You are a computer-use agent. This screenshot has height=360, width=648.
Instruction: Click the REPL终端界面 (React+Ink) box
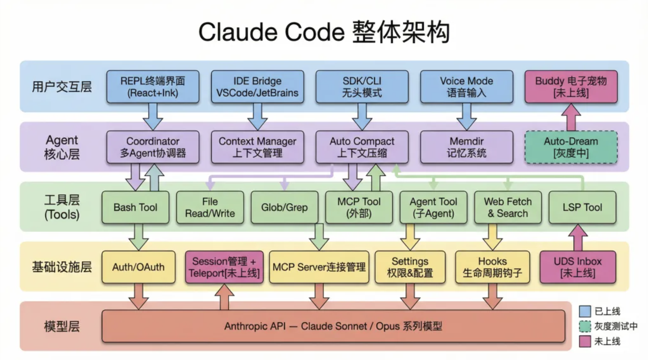(x=153, y=87)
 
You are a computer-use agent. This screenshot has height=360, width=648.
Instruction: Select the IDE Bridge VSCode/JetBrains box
(x=257, y=87)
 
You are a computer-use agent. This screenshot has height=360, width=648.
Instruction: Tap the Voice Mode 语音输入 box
(x=466, y=87)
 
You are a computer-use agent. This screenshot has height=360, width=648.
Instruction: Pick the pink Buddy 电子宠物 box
(x=571, y=87)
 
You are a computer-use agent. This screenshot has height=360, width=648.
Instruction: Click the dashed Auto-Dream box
(x=571, y=147)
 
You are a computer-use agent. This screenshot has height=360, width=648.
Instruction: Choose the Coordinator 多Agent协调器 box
(x=153, y=147)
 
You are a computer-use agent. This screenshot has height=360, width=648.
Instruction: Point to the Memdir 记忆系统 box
(x=466, y=147)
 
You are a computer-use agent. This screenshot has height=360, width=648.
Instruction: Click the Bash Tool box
(x=135, y=207)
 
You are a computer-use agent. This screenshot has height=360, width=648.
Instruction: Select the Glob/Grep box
(x=284, y=207)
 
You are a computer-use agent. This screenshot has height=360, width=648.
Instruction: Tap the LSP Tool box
(x=582, y=207)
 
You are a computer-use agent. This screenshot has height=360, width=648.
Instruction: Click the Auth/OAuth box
(x=138, y=267)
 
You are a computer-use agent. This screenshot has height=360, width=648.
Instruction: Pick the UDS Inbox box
(x=577, y=267)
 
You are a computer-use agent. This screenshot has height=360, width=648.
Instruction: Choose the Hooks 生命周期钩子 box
(x=492, y=267)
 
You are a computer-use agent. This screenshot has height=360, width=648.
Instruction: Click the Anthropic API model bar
(x=333, y=327)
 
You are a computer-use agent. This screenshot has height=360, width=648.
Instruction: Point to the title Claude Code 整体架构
(x=324, y=32)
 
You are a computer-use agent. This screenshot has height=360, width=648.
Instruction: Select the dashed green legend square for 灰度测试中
(x=585, y=326)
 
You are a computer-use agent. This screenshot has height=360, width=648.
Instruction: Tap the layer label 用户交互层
(x=62, y=87)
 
